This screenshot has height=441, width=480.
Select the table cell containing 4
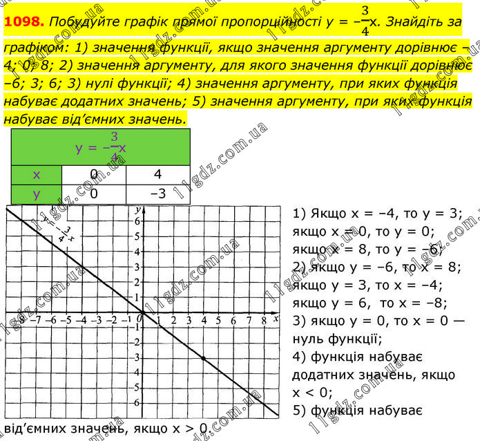(157, 175)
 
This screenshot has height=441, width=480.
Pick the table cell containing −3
(157, 194)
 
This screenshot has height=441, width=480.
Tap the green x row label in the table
(37, 175)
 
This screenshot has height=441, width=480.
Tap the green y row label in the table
(37, 194)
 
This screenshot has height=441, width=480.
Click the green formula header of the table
(101, 147)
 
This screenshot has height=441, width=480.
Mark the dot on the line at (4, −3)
(203, 358)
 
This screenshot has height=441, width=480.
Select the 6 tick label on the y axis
(137, 221)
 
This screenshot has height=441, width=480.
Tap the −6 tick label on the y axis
(136, 403)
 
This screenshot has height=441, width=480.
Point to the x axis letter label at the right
(275, 319)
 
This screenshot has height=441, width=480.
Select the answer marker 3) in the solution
(299, 320)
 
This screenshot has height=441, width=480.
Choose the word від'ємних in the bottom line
(39, 429)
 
